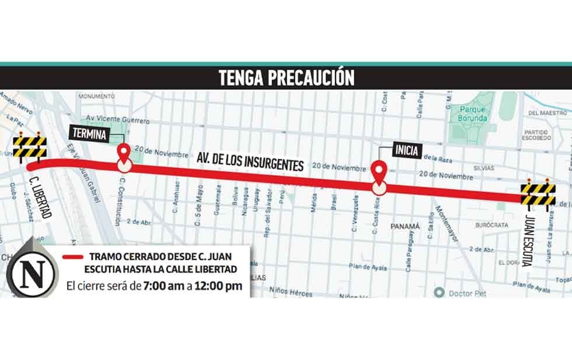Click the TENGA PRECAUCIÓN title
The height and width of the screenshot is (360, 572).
coord(286,78)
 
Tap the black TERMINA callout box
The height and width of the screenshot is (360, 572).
coord(89,133)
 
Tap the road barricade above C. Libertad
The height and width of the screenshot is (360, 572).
coord(30,148)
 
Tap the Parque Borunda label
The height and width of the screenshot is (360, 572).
coord(473,113)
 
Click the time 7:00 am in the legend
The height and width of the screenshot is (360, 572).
coord(160,286)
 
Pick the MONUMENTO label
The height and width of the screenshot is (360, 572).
coord(96,96)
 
